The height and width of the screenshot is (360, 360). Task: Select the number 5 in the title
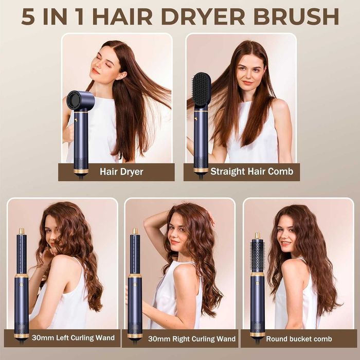coord(29,16)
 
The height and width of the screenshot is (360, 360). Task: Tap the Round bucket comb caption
coord(299,339)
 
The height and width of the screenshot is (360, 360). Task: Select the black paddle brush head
coord(201,91)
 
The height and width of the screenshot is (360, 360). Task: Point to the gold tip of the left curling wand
coord(22,231)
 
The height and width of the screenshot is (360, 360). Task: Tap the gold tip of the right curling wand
coord(135,231)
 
